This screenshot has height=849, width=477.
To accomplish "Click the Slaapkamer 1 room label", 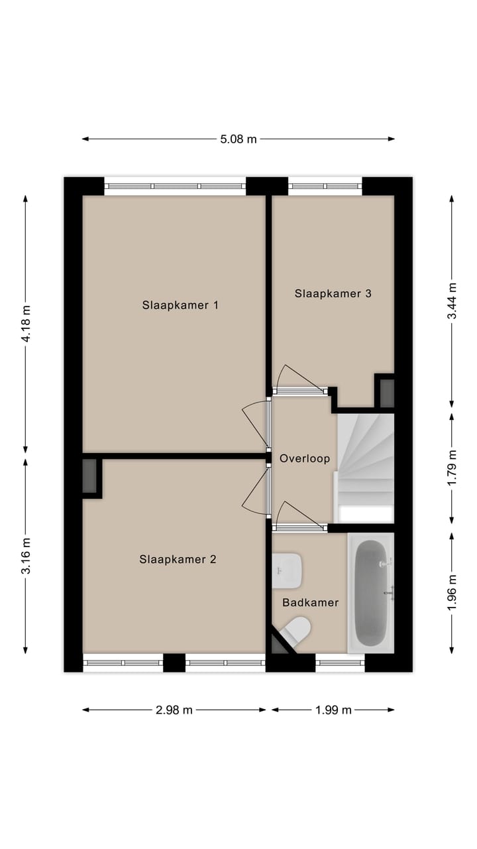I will [180, 305].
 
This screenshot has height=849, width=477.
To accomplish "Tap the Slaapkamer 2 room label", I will [178, 559].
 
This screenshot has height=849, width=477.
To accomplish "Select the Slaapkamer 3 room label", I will [333, 293].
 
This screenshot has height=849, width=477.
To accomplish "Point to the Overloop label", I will [304, 458].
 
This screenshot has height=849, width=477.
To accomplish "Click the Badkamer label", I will [310, 602].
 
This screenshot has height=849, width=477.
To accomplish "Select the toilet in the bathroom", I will [296, 630].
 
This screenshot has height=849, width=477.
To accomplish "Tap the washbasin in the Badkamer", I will [288, 570].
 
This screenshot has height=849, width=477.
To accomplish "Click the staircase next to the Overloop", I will [366, 458].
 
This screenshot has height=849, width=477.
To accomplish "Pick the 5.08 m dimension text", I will [238, 139].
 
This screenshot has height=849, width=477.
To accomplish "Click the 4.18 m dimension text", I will [26, 324].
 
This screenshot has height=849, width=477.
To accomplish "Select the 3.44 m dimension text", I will [452, 301].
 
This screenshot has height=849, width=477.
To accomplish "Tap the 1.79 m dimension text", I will [452, 468].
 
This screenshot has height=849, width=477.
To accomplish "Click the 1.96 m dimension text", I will [452, 592].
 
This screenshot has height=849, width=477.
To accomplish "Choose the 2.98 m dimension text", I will [174, 710].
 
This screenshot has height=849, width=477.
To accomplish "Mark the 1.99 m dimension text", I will [333, 710].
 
